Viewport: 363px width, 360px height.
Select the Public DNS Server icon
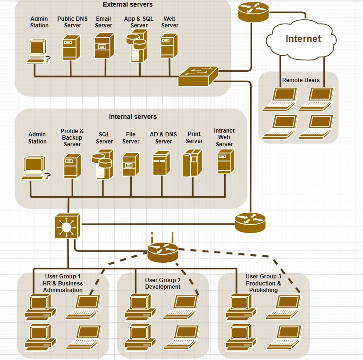click(x=72, y=46)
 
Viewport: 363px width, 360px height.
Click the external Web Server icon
click(x=169, y=46)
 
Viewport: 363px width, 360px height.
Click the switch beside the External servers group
click(x=198, y=76)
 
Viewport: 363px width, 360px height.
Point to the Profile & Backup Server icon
click(x=72, y=165)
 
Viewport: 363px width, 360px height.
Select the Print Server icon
click(x=192, y=163)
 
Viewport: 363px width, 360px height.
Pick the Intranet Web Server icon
click(x=226, y=161)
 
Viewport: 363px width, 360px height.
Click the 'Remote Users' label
click(x=301, y=80)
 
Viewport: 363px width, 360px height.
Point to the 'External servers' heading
click(x=127, y=5)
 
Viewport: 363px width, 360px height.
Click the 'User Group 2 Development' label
click(x=163, y=284)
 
